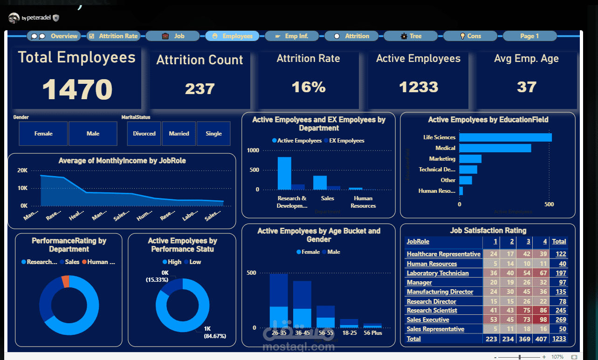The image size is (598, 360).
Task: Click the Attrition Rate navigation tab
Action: (x=114, y=36)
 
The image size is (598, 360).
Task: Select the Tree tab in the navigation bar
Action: (x=411, y=36)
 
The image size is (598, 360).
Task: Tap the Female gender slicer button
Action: (x=43, y=134)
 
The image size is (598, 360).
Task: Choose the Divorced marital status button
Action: (x=144, y=134)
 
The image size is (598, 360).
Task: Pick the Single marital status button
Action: (x=213, y=134)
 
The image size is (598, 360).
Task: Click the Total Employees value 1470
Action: (x=77, y=89)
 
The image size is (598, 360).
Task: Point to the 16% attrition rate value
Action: (x=308, y=87)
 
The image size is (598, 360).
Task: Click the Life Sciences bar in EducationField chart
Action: (x=505, y=137)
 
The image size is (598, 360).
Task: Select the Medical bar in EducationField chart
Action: (x=495, y=148)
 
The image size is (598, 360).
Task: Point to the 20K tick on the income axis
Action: (x=22, y=170)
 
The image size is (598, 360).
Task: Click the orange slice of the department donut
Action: (x=65, y=281)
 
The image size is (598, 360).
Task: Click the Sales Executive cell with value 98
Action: (x=542, y=320)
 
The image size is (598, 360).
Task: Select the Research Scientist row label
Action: (x=432, y=311)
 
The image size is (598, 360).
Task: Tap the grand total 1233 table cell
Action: (x=559, y=339)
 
